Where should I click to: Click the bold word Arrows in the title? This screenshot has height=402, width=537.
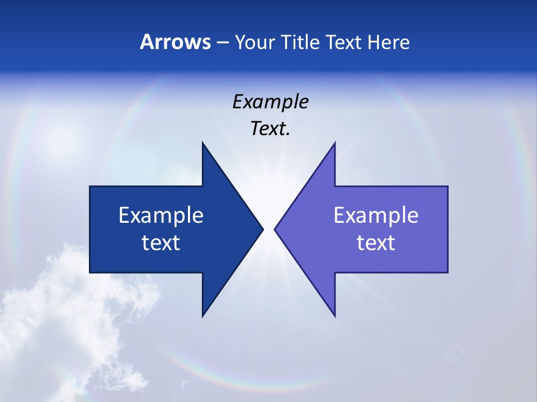[x=175, y=42]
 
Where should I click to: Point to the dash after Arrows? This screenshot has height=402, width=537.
[x=222, y=42]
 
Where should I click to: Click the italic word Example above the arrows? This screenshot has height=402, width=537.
[x=270, y=102]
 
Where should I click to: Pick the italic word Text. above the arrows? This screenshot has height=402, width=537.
[x=270, y=129]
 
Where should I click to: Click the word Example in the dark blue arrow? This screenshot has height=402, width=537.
[x=161, y=215]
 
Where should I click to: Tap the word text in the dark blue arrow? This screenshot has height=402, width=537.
[x=161, y=242]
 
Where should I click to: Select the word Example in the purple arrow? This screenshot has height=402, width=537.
[x=376, y=215]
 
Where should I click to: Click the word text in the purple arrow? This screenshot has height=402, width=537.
[x=376, y=242]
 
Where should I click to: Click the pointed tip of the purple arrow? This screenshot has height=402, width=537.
[x=275, y=229]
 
